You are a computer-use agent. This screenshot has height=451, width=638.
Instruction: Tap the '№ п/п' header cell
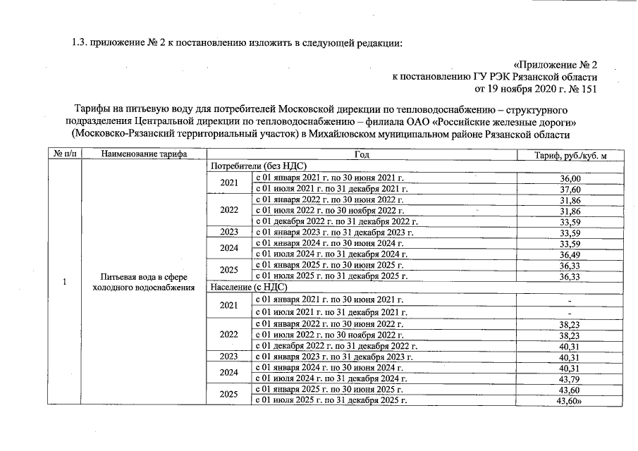click(64, 154)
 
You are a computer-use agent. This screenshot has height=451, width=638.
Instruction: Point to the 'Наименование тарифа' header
click(144, 154)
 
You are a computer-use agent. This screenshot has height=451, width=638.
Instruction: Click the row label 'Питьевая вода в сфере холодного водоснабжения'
click(144, 282)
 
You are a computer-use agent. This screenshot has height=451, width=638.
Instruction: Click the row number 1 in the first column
click(64, 283)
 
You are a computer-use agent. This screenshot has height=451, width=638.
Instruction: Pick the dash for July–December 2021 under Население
click(569, 313)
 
